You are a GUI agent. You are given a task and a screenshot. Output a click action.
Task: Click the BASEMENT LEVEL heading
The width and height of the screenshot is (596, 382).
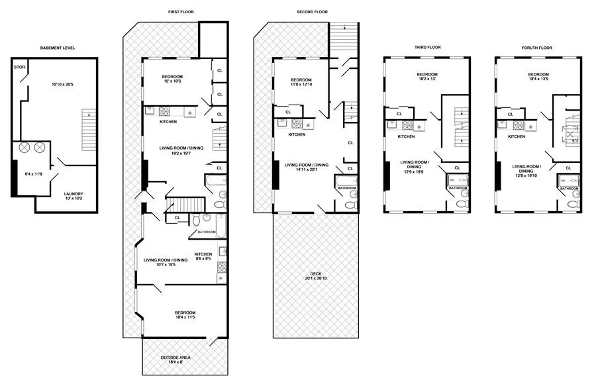pyautogui.click(x=58, y=49)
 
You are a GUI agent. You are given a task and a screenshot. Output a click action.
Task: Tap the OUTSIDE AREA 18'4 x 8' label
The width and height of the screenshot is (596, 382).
pyautogui.click(x=176, y=360)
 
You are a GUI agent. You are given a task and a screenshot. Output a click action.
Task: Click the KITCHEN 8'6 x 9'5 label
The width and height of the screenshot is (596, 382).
pyautogui.click(x=203, y=257)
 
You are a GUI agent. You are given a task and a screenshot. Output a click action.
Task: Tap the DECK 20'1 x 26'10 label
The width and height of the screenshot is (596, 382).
pyautogui.click(x=315, y=277)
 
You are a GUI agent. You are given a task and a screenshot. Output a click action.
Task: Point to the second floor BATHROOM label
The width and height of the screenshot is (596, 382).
pyautogui.click(x=346, y=188)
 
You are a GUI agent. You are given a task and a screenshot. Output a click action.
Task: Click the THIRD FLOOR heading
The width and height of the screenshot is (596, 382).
pyautogui.click(x=427, y=47)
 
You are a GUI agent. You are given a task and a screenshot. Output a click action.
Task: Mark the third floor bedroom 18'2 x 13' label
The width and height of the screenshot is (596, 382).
pyautogui.click(x=427, y=77)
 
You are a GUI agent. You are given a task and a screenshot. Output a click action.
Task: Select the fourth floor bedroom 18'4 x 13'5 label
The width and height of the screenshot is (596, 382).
pyautogui.click(x=538, y=77)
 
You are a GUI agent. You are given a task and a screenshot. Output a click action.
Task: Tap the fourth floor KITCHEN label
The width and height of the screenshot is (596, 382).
pyautogui.click(x=517, y=136)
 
